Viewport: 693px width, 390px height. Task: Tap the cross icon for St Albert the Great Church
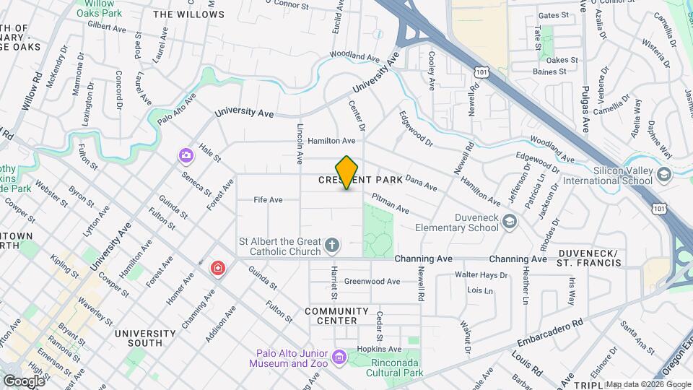[x=332, y=246]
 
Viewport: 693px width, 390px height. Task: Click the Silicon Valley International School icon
[x=663, y=175]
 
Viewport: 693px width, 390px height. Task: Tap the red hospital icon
[x=217, y=269]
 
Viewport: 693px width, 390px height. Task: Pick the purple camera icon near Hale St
[x=186, y=155]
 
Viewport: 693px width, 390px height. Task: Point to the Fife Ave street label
[x=268, y=200]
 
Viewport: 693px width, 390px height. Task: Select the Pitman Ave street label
[x=390, y=203]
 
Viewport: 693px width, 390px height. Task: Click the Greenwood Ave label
[x=372, y=282]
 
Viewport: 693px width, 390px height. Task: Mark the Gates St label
[x=554, y=15]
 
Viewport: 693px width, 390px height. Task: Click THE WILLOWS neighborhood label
[x=188, y=14]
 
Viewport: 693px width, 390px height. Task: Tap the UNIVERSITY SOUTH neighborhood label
[x=144, y=338]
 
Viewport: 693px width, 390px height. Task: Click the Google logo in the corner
[x=23, y=381]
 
